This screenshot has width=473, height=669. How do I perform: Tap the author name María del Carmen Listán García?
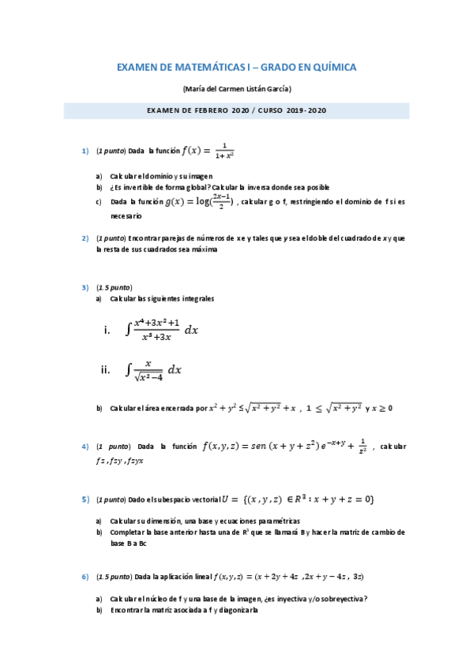point(236,89)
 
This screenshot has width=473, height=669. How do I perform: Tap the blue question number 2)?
point(85,237)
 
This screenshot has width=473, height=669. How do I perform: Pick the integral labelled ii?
point(153,369)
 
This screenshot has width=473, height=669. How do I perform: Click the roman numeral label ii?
point(105,369)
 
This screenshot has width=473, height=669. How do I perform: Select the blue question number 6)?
point(85,577)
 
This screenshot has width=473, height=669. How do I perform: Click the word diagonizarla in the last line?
point(234,610)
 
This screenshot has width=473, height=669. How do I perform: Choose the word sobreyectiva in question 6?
point(336,598)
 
